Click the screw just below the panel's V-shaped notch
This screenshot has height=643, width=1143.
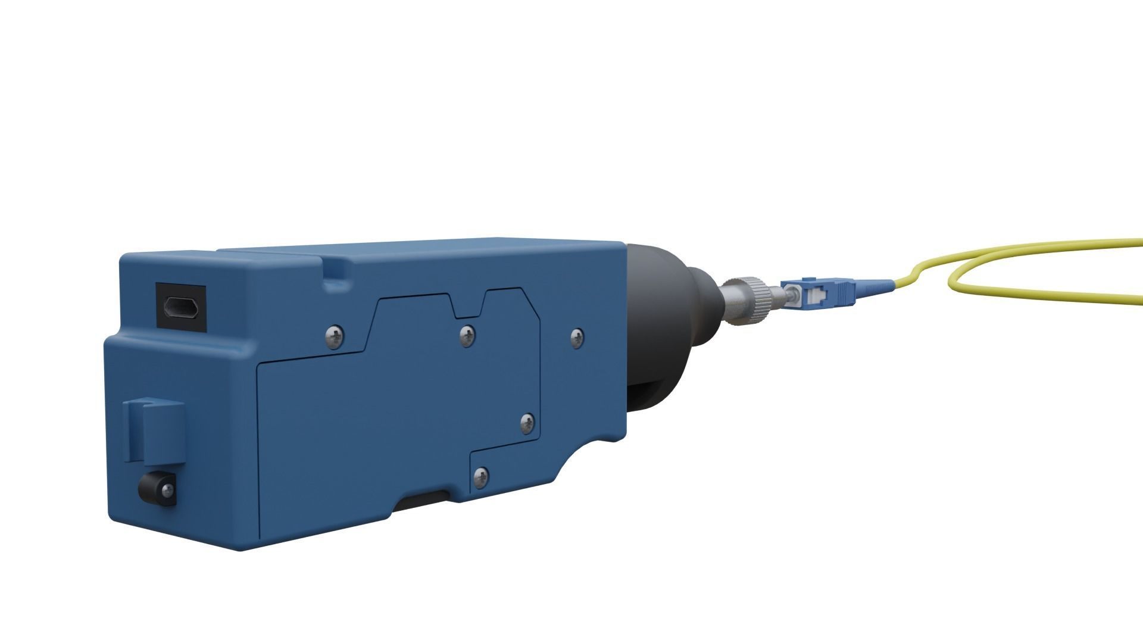pyautogui.click(x=468, y=335)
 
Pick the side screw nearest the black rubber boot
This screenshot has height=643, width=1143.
pyautogui.click(x=577, y=338)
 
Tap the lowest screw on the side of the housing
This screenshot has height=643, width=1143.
pyautogui.click(x=481, y=476)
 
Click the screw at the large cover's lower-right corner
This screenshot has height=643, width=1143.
pyautogui.click(x=527, y=423)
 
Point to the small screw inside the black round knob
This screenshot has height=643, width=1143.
pyautogui.click(x=167, y=490)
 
